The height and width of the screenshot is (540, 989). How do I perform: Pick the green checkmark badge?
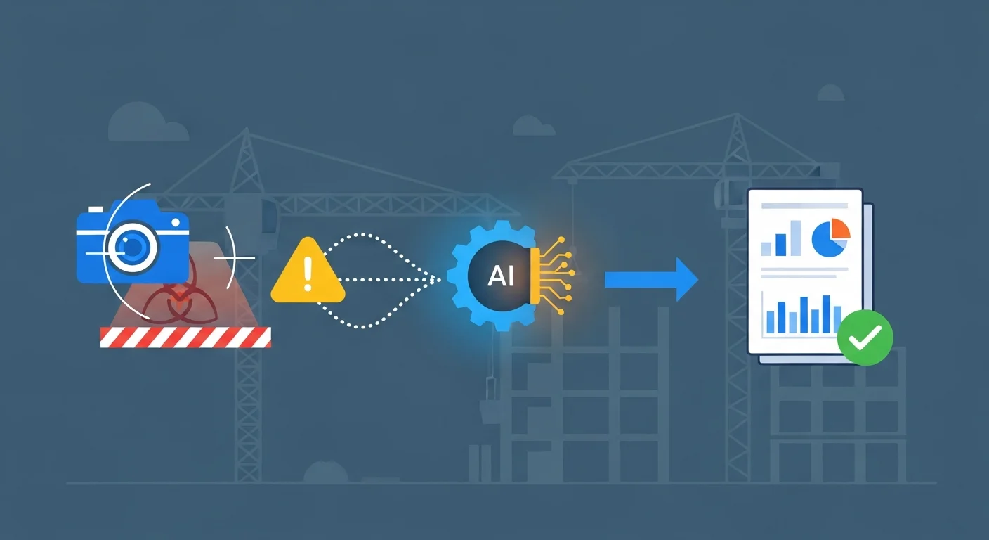[865, 337]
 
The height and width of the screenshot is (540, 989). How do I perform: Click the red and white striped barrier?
[185, 337]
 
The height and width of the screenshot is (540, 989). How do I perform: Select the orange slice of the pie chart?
[840, 229]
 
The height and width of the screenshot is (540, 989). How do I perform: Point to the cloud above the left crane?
[147, 122]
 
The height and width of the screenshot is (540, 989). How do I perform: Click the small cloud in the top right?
[830, 93]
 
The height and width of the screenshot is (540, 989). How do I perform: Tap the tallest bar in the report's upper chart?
[795, 238]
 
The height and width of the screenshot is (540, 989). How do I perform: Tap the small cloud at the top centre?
[534, 127]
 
